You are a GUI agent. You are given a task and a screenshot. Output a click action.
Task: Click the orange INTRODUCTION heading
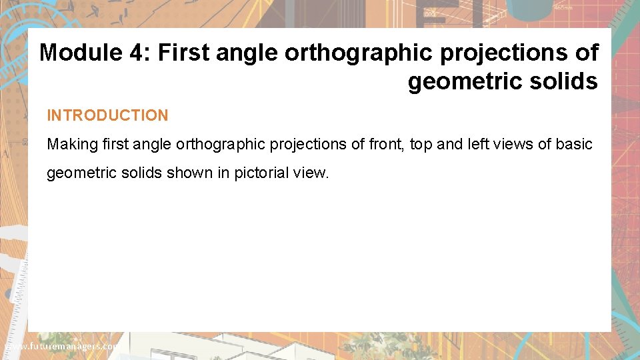coord(107,115)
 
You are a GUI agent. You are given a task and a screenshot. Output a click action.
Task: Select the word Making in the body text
coord(70,144)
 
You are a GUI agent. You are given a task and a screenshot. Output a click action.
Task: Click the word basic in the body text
coord(573,144)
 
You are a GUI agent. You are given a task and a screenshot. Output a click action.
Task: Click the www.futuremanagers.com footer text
coord(60,347)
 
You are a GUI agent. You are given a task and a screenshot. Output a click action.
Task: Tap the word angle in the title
coord(247,52)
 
